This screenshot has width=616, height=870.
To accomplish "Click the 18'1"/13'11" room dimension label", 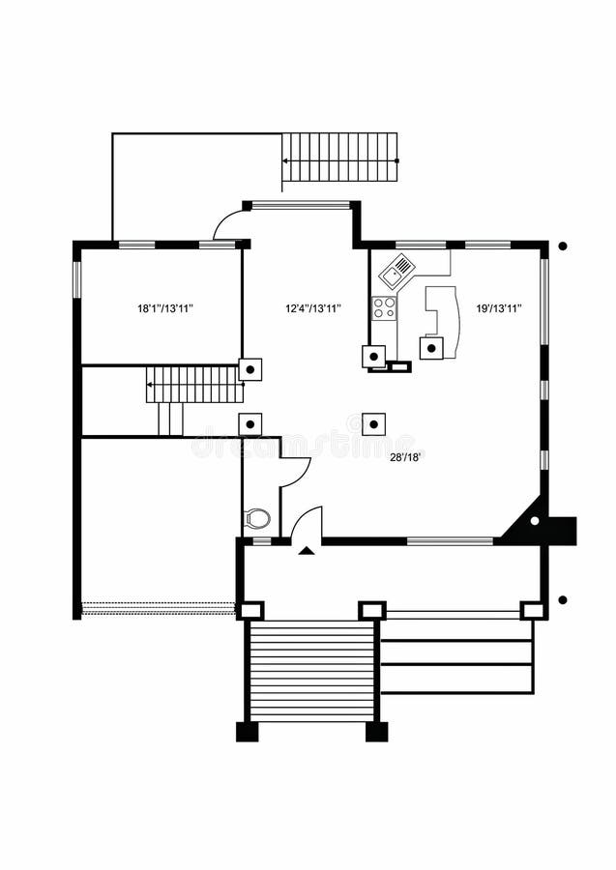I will pos(165,309).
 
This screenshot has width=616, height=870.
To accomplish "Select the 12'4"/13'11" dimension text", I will pos(312,309).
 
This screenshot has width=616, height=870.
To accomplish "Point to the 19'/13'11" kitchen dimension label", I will pos(499,309).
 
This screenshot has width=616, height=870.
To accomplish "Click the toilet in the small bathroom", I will pos(257,519).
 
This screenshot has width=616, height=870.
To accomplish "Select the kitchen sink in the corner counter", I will pos(397,272).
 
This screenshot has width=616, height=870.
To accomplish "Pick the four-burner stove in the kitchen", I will pos(384,308).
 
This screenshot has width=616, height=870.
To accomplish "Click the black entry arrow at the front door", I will pos(307,550).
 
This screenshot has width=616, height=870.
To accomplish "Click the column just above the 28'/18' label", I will pos(373,423).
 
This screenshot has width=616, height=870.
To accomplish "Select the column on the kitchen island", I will pos(431,348).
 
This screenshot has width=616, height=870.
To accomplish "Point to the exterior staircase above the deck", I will pos(339,158).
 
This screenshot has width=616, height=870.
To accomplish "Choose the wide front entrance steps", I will pos(311,671).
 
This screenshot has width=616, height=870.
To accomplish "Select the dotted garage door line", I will pos(159,609).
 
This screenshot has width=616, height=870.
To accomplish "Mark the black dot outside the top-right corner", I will pos(562,246).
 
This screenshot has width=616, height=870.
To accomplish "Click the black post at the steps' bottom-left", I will pos(247,732).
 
